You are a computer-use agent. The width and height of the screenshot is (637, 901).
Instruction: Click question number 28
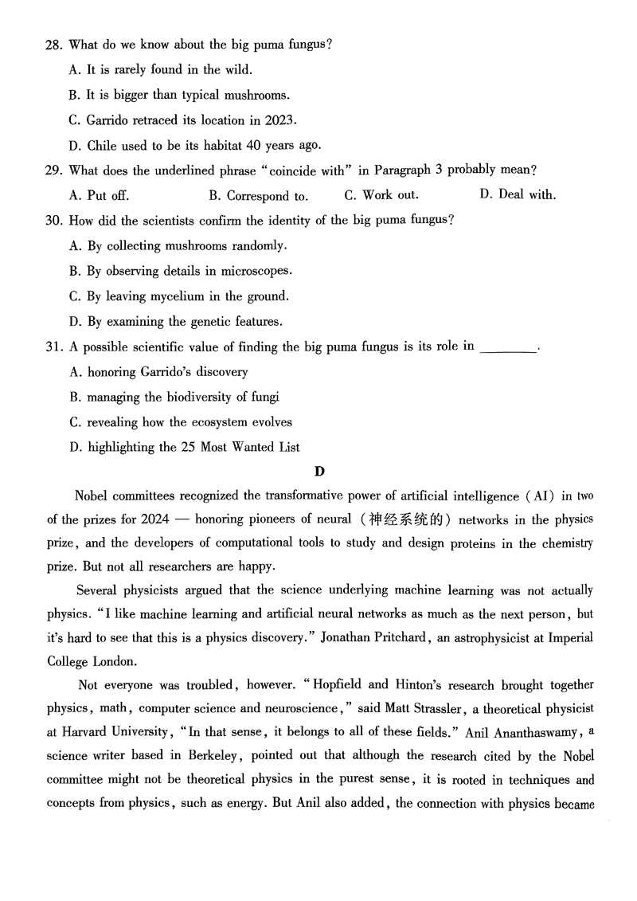tap(53, 45)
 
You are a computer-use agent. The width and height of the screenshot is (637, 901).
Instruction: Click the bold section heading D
tap(320, 471)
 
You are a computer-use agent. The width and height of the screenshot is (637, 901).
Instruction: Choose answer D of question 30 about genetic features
tap(175, 322)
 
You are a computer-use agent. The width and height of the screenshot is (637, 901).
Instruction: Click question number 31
tap(53, 347)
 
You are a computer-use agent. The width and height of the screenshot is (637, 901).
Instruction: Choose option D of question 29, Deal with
tap(518, 194)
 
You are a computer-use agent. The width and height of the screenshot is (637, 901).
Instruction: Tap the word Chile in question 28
tap(100, 145)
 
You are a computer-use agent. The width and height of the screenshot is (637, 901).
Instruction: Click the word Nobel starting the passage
tap(92, 496)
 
